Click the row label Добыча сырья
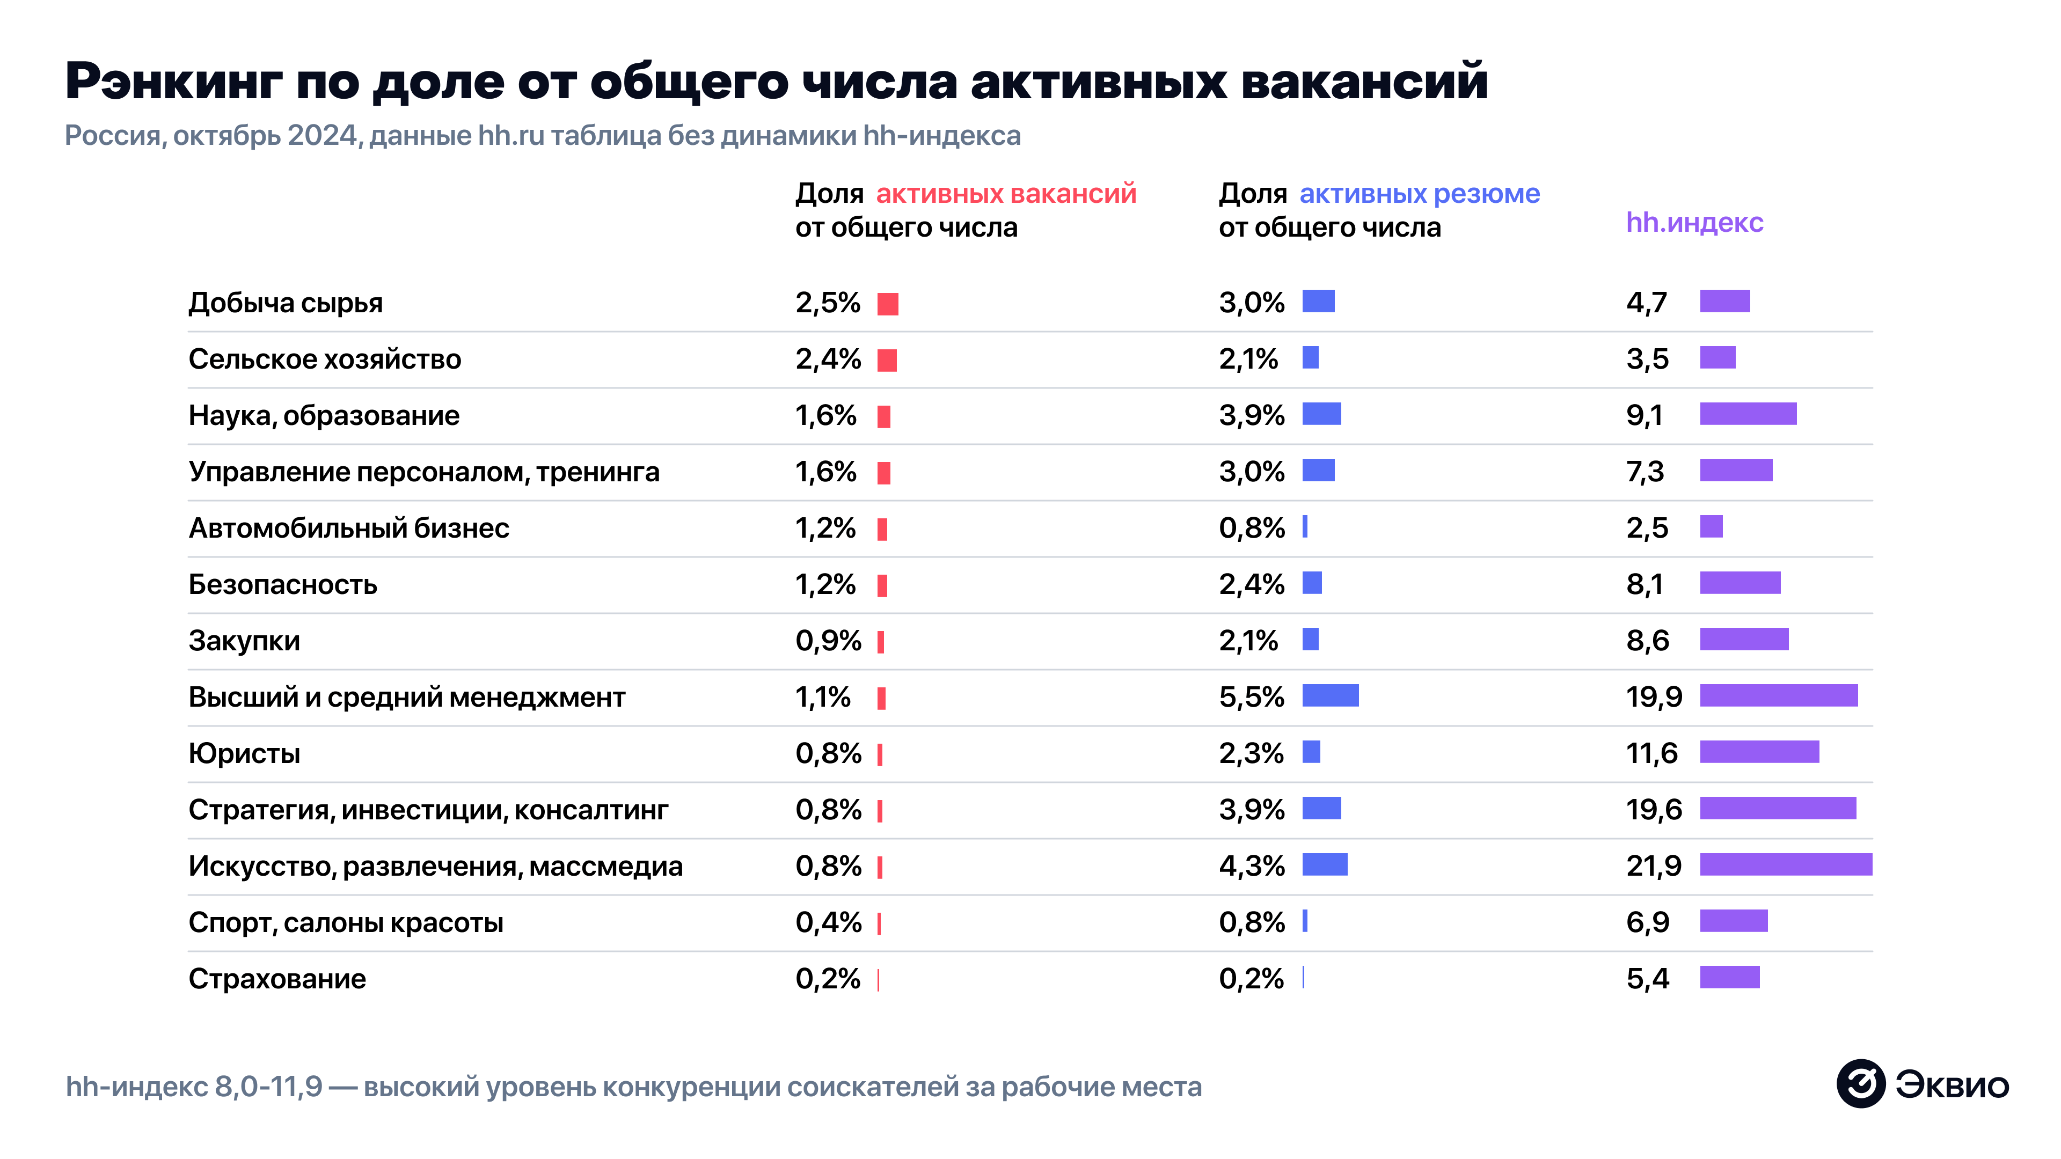click(x=285, y=303)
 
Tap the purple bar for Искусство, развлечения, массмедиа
click(x=1785, y=864)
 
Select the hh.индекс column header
click(x=1694, y=222)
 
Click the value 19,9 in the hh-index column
click(x=1654, y=696)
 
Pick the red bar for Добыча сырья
click(x=887, y=304)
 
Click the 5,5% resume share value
click(x=1251, y=696)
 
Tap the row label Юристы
click(x=244, y=753)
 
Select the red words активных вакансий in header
click(x=1006, y=194)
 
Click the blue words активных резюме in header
click(x=1419, y=194)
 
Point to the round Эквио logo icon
click(x=1860, y=1084)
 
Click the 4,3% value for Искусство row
click(x=1251, y=866)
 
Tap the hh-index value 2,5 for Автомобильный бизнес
click(x=1647, y=528)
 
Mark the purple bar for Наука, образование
click(x=1748, y=414)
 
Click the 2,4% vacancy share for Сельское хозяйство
click(x=827, y=359)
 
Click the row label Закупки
click(x=244, y=641)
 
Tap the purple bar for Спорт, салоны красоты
click(x=1733, y=921)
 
